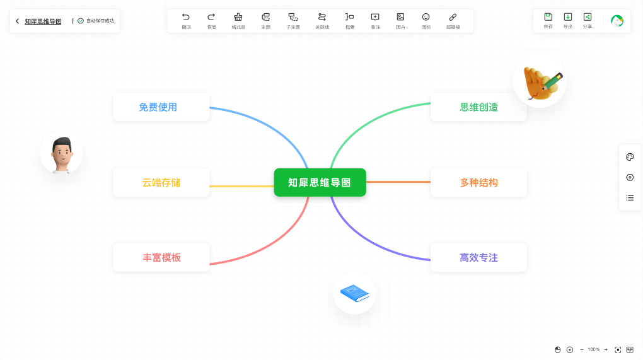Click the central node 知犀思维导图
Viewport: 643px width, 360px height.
point(320,182)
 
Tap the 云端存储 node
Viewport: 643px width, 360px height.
point(161,182)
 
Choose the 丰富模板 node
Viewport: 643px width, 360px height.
point(161,257)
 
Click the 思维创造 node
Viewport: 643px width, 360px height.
point(478,107)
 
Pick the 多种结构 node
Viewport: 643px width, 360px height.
point(478,182)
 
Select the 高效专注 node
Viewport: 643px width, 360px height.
point(478,257)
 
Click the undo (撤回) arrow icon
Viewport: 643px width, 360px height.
point(186,17)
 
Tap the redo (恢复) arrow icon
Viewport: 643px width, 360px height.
point(211,17)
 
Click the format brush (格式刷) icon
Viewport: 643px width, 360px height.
point(238,17)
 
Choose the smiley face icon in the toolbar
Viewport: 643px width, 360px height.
point(426,17)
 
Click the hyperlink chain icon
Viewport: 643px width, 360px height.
point(453,17)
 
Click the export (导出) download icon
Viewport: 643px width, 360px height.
point(567,17)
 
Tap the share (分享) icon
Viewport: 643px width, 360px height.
point(587,17)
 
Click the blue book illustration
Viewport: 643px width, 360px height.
point(354,293)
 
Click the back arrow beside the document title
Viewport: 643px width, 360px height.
point(17,21)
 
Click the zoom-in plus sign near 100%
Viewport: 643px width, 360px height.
point(606,349)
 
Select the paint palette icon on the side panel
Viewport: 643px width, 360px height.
point(630,157)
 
